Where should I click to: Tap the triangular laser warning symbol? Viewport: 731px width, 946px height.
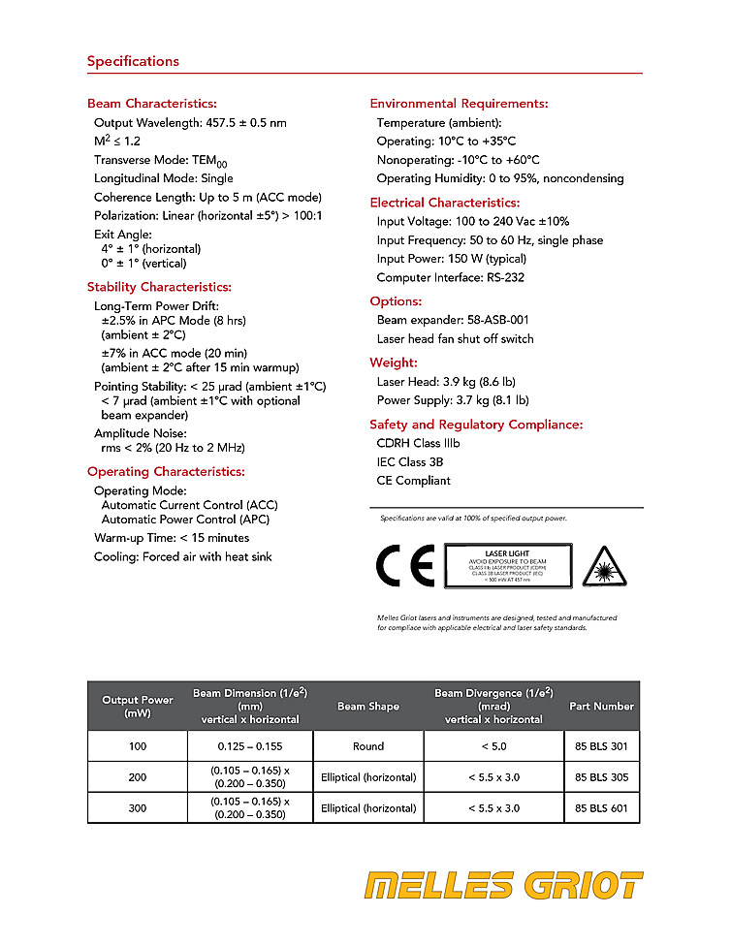[604, 567]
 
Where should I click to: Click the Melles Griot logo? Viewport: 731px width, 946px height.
[503, 886]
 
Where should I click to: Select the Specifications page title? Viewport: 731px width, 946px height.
[133, 61]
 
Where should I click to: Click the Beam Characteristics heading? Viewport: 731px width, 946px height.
[151, 104]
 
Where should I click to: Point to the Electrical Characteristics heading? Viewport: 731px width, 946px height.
[445, 203]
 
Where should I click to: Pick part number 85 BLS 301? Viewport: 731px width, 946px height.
[601, 746]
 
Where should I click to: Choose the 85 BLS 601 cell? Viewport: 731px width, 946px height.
[601, 807]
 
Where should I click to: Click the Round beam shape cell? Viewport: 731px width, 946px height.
[368, 746]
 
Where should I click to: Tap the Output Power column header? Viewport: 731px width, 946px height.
[138, 706]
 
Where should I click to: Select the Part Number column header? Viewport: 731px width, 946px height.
[601, 706]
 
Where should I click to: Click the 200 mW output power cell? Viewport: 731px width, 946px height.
[137, 776]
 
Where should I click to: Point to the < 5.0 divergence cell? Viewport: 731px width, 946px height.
[493, 746]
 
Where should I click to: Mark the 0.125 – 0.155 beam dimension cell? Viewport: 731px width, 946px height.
[250, 746]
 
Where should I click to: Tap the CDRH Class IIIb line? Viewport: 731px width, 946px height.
[418, 443]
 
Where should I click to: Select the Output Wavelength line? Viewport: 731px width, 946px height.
[190, 123]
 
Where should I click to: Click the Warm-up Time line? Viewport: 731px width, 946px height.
[172, 537]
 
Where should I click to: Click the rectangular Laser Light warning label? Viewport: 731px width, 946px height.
[508, 566]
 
